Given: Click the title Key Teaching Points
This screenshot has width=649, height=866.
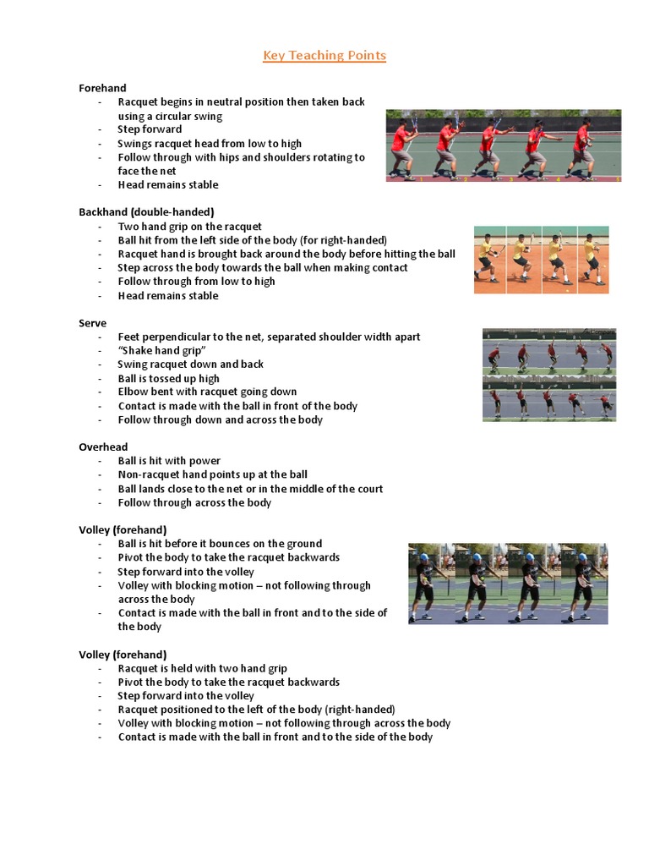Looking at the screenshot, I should (x=324, y=56).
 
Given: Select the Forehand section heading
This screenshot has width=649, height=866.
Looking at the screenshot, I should (x=102, y=88).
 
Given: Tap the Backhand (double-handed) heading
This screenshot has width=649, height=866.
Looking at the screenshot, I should (x=146, y=211).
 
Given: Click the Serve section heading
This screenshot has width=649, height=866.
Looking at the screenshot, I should (x=93, y=323).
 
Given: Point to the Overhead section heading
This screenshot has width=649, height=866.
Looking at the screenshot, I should (x=103, y=447).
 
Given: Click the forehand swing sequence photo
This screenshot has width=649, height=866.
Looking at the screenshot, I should (x=504, y=145).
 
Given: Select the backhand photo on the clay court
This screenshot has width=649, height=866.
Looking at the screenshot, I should (x=541, y=260).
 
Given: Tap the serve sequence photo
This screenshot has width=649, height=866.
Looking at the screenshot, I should (x=549, y=375).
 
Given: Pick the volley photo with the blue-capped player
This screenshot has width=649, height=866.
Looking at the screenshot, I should (x=508, y=584).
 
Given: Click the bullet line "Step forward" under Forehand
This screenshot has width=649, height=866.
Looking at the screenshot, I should (x=150, y=129).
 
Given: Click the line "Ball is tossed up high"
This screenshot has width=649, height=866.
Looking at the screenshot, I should (x=168, y=378).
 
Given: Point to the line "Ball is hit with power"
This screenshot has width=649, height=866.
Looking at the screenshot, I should (x=169, y=461).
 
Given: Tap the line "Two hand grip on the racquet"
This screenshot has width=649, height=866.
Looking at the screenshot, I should (x=190, y=227).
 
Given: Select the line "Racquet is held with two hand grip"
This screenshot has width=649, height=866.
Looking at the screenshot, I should (x=203, y=668).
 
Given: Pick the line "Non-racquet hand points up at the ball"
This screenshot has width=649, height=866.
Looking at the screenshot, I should (x=212, y=474).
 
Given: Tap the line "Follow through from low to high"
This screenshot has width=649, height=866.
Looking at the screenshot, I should (x=196, y=282).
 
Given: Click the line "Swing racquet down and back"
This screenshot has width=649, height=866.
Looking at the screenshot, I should (x=191, y=364).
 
